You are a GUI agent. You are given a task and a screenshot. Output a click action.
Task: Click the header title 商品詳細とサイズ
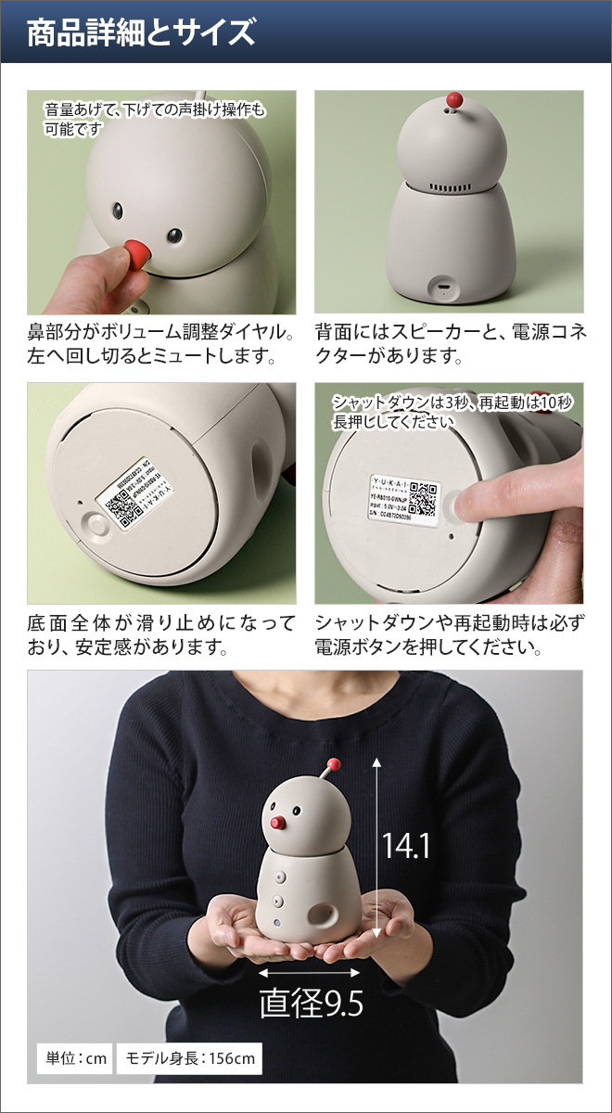pyautogui.click(x=140, y=32)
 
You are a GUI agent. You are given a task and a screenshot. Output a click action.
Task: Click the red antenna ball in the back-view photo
pyautogui.click(x=453, y=99)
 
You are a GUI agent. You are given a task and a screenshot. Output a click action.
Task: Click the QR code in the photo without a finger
pyautogui.click(x=116, y=506)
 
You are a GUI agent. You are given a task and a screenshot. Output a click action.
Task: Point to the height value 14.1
pyautogui.click(x=405, y=845)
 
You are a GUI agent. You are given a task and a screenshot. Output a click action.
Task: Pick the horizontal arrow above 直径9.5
pyautogui.click(x=310, y=973)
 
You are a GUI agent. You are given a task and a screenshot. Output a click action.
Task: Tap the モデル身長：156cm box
pyautogui.click(x=188, y=1058)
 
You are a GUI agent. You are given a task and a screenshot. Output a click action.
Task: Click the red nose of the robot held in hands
pyautogui.click(x=275, y=822)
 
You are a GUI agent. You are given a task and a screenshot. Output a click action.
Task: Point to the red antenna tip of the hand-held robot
pyautogui.click(x=334, y=764)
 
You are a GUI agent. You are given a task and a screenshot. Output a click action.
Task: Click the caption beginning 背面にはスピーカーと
pyautogui.click(x=451, y=343)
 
